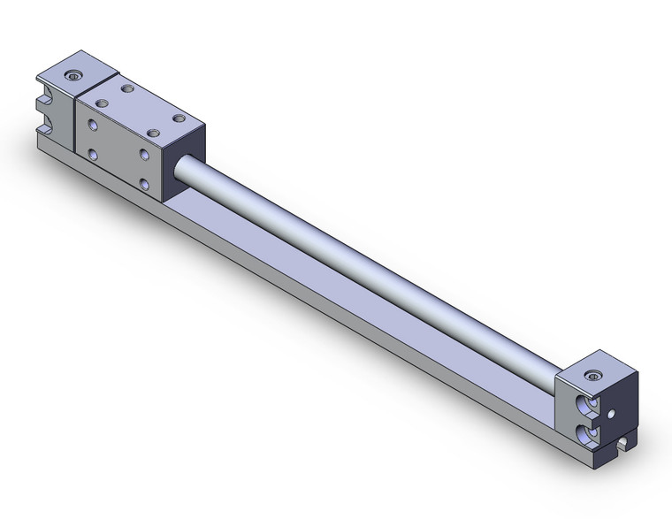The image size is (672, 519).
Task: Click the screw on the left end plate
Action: [x=74, y=74]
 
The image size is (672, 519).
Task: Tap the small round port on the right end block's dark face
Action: [x=611, y=411]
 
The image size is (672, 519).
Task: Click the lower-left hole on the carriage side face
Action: [x=93, y=154]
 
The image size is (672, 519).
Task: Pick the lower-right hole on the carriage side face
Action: [x=145, y=183]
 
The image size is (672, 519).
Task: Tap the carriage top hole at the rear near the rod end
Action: [x=179, y=118]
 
